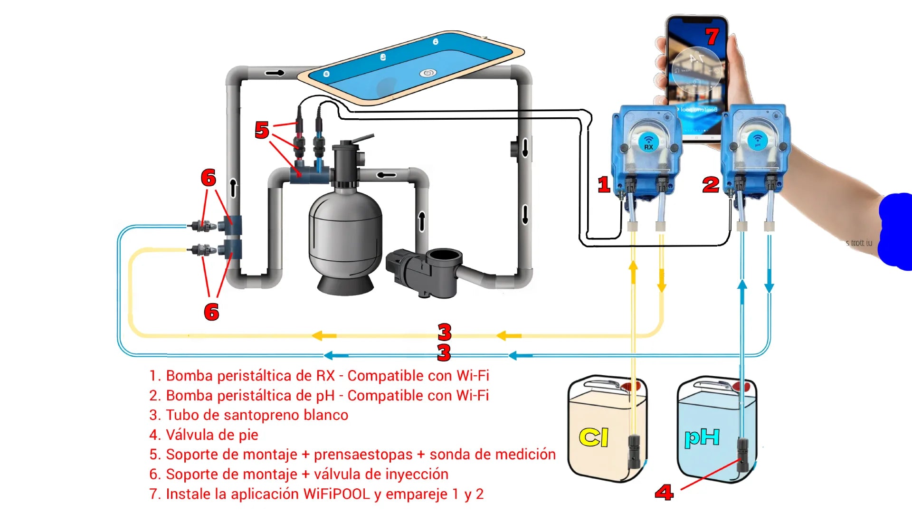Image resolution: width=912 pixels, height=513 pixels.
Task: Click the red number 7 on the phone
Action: point(712,37)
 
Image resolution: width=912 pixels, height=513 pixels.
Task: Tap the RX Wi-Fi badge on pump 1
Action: point(648,141)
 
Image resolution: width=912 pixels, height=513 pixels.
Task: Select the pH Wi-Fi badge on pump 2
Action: point(758,140)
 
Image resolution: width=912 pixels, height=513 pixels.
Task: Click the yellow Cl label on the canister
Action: point(594,437)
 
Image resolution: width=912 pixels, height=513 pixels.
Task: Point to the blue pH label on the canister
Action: point(702,437)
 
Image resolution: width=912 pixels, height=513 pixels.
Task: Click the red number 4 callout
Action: point(664,492)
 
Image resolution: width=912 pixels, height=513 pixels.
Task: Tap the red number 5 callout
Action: point(262,130)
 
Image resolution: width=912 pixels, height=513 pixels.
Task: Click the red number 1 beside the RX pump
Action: point(604,184)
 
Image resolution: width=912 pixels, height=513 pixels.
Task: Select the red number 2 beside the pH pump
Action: point(711,184)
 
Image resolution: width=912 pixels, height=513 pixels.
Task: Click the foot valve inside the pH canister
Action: point(742,454)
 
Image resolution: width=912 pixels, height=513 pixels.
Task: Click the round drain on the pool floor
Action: point(427,73)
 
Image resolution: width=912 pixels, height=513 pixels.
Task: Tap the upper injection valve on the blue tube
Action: point(202,226)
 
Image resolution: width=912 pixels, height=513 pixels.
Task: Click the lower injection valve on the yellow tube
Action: point(202,249)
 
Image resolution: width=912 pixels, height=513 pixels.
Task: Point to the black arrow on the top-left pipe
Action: point(275,73)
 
